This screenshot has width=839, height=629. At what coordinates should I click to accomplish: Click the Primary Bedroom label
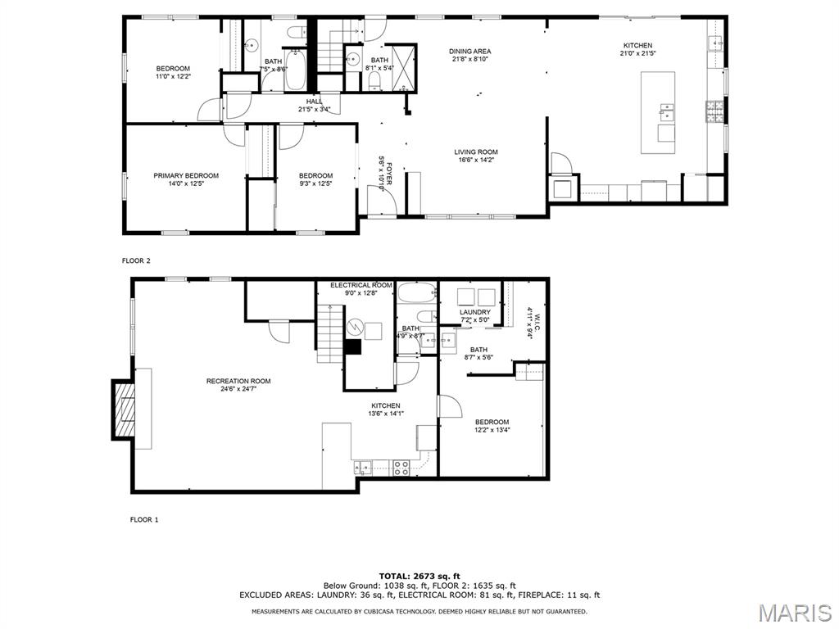[x=186, y=175]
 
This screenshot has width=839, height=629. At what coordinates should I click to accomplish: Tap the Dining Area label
[x=469, y=52]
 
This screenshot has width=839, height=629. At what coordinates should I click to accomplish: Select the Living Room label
[x=476, y=152]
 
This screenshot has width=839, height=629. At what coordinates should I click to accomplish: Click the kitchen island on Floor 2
[x=658, y=112]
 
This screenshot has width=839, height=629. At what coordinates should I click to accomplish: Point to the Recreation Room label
[x=238, y=381]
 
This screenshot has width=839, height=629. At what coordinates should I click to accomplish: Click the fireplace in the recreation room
[x=125, y=409]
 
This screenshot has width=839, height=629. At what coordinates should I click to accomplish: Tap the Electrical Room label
[x=361, y=285]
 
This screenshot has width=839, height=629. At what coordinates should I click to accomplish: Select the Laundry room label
[x=475, y=312]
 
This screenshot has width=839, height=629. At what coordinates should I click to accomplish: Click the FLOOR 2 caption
[x=136, y=260]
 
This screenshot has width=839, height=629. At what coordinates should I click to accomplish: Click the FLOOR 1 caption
[x=144, y=519]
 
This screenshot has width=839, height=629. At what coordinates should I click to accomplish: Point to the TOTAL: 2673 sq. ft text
[x=419, y=576]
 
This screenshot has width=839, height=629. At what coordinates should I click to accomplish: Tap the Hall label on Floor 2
[x=315, y=102]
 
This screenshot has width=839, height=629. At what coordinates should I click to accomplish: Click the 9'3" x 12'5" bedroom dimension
[x=315, y=183]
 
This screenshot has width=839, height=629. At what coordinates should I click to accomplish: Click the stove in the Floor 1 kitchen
[x=401, y=468]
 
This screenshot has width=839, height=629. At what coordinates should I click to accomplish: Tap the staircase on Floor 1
[x=329, y=331]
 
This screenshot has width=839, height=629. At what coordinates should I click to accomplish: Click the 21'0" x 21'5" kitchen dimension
[x=637, y=54]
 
